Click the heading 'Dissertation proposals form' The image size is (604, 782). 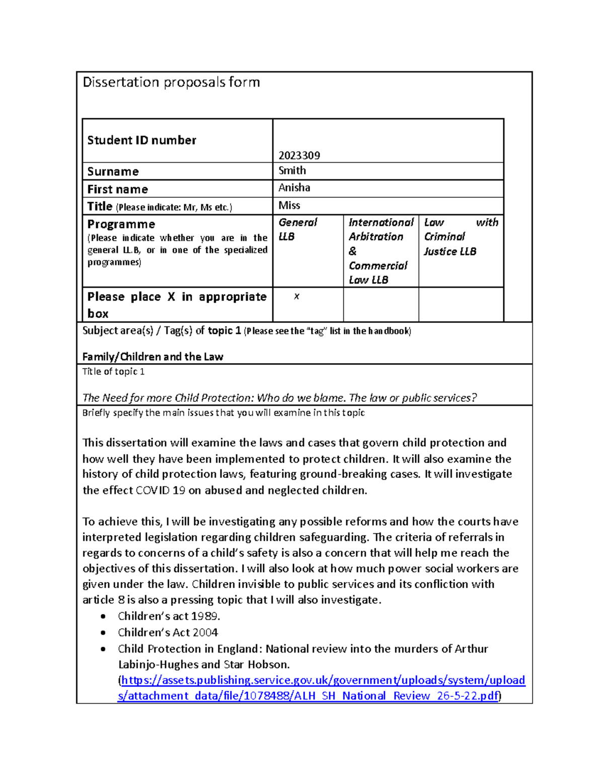171,82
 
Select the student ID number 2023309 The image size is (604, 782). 299,155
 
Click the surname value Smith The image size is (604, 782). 292,171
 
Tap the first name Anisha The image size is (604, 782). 294,188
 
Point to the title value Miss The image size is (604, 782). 289,205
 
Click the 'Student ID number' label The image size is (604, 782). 141,140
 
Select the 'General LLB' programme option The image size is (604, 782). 297,229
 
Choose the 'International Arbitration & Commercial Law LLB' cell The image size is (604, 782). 381,251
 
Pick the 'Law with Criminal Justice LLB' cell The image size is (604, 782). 461,237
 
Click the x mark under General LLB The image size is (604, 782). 296,297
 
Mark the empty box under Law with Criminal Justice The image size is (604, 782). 461,304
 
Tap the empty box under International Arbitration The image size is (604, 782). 381,304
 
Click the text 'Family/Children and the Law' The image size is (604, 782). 153,357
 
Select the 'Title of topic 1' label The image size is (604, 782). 113,372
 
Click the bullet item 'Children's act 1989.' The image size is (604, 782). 169,616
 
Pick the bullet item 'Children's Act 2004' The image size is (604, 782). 168,632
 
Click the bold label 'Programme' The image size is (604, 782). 121,224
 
